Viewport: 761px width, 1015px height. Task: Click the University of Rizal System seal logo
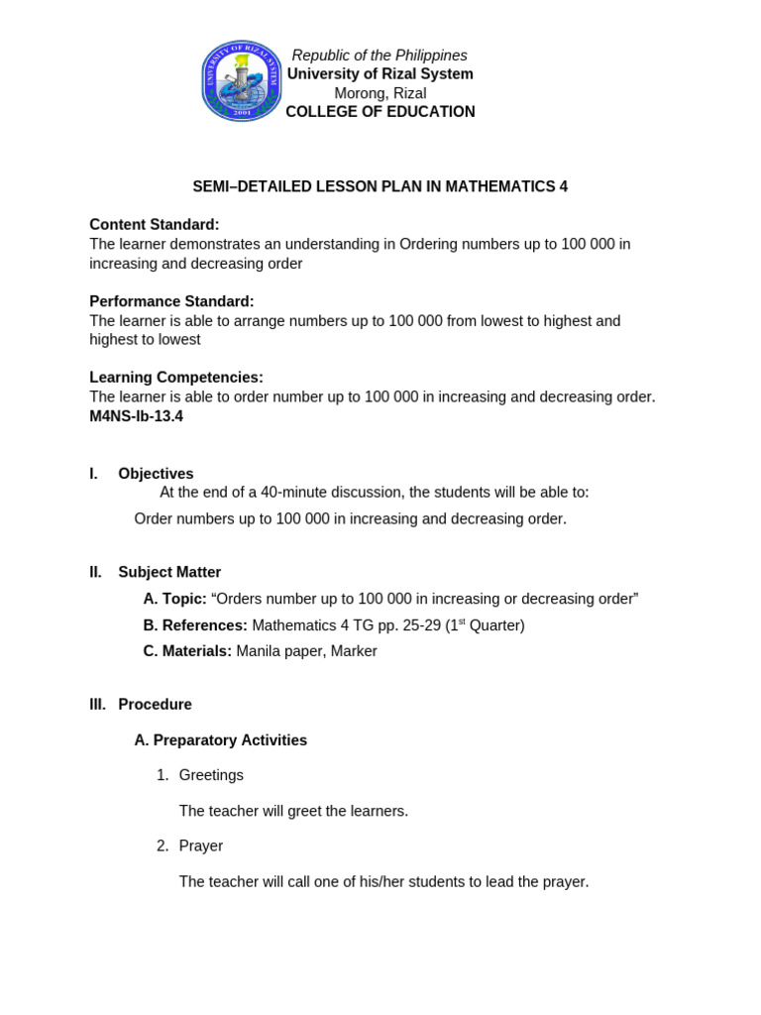[242, 81]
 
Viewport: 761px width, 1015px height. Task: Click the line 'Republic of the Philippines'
[380, 56]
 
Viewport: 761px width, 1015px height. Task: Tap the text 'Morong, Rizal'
[380, 93]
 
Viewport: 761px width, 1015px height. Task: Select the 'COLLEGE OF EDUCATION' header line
[380, 112]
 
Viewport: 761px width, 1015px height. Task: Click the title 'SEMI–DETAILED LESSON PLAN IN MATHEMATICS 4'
[380, 186]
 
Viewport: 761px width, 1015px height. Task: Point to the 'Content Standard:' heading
[154, 225]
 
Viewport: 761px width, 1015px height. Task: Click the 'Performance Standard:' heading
[171, 301]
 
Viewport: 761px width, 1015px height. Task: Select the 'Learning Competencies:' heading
[175, 378]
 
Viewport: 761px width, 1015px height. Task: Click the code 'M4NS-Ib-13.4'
[136, 416]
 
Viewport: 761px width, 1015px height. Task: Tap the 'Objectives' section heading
[156, 474]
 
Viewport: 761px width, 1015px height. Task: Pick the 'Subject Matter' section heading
[169, 572]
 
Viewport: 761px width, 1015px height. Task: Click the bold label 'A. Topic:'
[174, 599]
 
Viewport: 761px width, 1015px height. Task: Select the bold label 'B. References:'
[195, 625]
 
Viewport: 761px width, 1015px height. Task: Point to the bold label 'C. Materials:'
[187, 651]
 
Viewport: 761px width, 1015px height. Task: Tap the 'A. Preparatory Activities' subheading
[220, 740]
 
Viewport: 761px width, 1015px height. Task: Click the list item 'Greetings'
[211, 775]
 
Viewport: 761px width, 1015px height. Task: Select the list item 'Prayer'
[201, 846]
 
